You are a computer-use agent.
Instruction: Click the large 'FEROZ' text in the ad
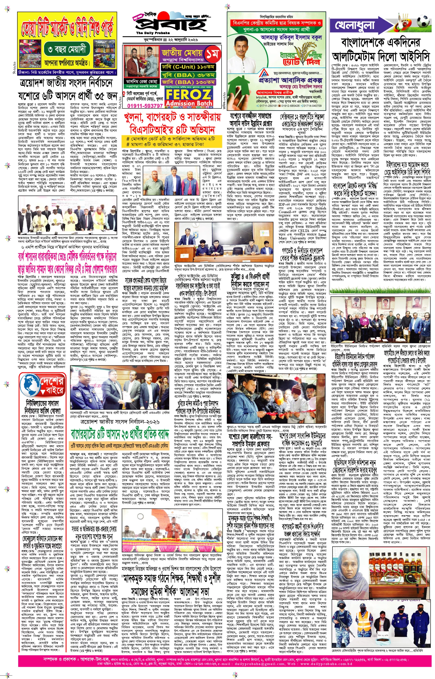(x=189, y=95)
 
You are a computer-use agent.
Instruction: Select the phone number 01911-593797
(x=145, y=106)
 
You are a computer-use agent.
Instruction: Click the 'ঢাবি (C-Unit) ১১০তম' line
(x=188, y=67)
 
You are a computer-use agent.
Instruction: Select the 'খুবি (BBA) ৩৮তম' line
(x=188, y=75)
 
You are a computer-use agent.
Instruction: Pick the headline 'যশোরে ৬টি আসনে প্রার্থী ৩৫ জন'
(x=67, y=96)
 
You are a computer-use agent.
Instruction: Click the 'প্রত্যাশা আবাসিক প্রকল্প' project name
(x=291, y=80)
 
